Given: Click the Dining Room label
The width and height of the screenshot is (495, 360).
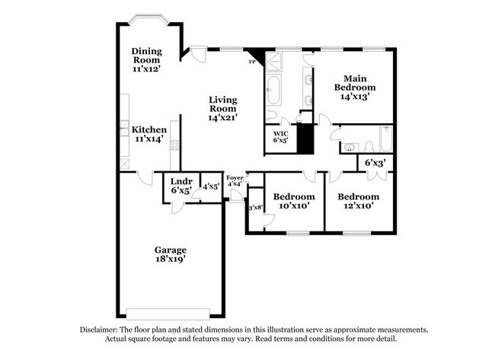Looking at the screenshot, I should point(145,60).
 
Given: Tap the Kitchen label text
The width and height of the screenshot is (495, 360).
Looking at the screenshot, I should point(149,135).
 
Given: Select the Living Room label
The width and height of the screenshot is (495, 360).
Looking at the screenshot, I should point(223,109).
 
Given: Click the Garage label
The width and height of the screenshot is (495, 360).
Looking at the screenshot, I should point(171,255).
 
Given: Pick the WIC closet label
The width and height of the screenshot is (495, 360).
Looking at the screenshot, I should point(280,134).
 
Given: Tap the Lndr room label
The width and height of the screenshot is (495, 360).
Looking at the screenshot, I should point(180,186).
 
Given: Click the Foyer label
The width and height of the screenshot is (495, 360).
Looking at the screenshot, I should point(235,180).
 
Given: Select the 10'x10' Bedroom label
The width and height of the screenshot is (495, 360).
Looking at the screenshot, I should point(294,201).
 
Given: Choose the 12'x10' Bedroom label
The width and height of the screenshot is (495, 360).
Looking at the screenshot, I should point(358,201).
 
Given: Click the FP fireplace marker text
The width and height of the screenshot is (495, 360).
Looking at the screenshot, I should point(252,62).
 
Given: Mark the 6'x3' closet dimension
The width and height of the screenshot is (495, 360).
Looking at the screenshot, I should point(375,163).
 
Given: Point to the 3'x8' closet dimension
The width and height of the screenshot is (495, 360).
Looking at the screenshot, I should point(255,207).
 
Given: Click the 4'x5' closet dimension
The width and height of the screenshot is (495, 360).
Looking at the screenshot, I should point(210,186).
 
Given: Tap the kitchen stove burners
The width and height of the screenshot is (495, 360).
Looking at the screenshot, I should point(175,140).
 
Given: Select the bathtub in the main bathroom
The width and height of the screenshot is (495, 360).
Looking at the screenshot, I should point(275,91).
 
